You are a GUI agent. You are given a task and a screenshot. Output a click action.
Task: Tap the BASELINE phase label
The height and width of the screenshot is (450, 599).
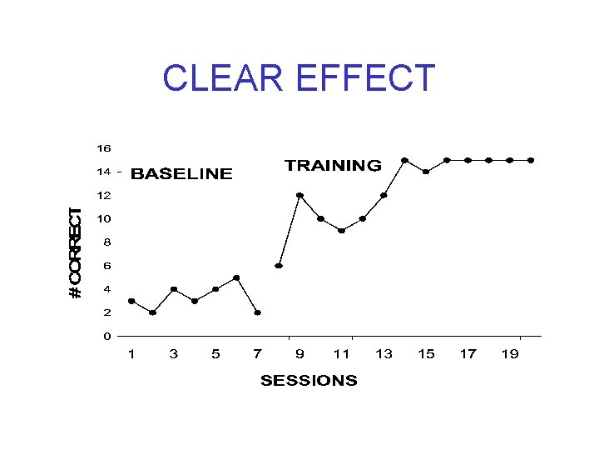182,174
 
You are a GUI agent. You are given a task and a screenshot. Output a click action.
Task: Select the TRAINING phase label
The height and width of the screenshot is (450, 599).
333,165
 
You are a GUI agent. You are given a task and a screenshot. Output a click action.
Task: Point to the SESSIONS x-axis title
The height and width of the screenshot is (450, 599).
309,381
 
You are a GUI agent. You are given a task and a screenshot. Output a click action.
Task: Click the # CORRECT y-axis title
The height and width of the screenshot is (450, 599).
76,253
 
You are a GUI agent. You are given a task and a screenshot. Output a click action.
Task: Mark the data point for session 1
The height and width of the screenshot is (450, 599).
131,301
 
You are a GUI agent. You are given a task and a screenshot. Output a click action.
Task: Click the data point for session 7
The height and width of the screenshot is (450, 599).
258,312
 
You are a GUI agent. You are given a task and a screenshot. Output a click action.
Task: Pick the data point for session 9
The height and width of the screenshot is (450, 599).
299,195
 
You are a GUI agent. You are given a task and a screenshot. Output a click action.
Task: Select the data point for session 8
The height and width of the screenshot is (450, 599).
279,266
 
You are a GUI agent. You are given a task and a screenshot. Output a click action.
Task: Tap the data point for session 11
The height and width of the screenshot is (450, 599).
342,231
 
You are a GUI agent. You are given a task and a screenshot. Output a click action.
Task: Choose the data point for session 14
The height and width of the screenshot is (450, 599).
404,160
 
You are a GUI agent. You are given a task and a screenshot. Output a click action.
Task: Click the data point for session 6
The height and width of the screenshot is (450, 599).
236,277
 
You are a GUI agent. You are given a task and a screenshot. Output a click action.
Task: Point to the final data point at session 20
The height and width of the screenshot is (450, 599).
531,160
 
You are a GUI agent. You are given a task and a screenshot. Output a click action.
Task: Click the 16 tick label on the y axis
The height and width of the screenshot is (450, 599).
104,148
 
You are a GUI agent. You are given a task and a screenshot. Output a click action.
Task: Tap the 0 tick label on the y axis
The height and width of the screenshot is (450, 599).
107,336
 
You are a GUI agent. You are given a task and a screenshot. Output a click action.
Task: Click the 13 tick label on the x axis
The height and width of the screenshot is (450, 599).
384,354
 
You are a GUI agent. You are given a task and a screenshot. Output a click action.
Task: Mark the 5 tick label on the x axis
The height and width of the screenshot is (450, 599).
215,354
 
